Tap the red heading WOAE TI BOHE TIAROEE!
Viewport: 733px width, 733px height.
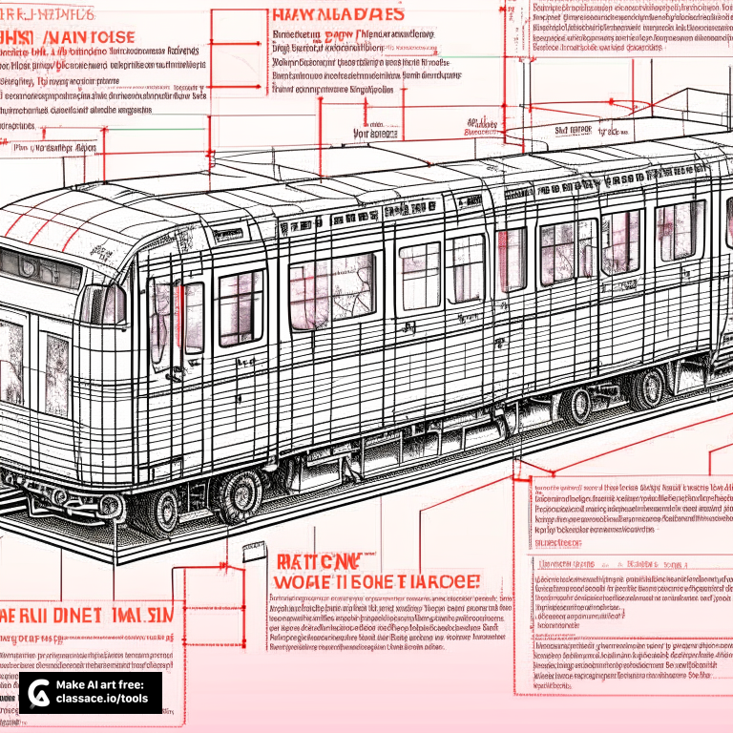tap(377, 581)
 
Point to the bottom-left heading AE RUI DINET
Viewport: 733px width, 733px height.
tap(86, 615)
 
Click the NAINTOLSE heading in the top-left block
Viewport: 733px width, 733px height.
tap(82, 37)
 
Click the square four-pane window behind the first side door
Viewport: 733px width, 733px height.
tap(241, 306)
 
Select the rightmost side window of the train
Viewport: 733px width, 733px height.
tap(681, 230)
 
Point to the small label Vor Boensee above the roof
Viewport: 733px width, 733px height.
tap(375, 135)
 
